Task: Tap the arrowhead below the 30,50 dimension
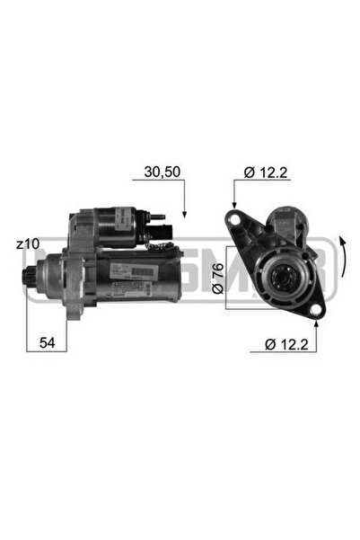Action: click(183, 214)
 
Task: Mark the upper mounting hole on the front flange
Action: click(234, 219)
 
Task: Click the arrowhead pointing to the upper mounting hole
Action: click(234, 209)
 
